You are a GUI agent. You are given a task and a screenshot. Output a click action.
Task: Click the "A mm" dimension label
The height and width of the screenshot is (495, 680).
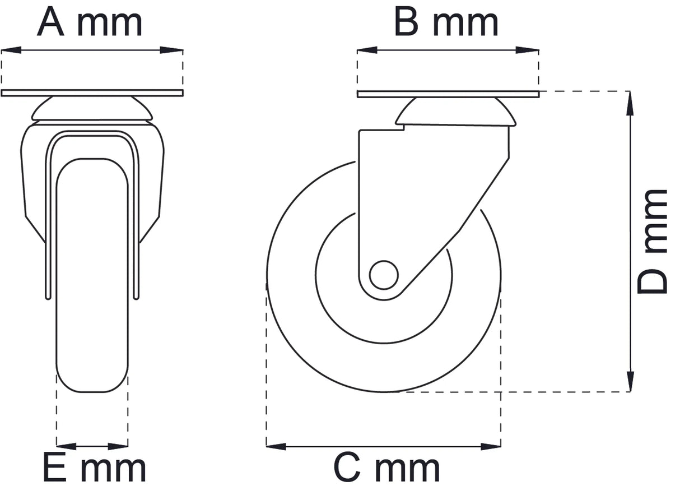click(x=90, y=22)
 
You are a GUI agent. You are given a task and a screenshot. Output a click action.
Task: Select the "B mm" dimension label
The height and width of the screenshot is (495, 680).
click(x=446, y=22)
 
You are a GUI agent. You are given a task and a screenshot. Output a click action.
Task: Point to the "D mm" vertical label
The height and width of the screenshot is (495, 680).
click(x=653, y=241)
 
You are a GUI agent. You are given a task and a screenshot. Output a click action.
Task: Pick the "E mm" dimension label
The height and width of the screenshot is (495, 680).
click(x=94, y=469)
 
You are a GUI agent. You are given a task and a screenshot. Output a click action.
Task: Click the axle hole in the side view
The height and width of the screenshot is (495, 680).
click(x=384, y=275)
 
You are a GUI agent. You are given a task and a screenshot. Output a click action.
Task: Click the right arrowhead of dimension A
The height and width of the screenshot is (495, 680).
click(x=174, y=50)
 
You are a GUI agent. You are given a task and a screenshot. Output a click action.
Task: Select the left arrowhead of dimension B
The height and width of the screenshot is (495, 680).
click(x=366, y=50)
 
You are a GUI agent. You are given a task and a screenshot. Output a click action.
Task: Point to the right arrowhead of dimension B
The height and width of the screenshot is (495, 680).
click(x=530, y=50)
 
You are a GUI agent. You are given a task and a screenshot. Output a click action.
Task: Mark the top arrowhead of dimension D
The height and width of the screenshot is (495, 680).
click(x=631, y=101)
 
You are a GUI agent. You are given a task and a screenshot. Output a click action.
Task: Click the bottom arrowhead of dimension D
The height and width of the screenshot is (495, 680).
click(x=631, y=382)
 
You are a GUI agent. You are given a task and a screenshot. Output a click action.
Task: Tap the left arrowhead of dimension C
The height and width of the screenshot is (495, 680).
click(x=276, y=447)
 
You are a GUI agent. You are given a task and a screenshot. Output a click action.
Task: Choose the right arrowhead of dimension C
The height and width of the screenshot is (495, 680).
click(x=492, y=447)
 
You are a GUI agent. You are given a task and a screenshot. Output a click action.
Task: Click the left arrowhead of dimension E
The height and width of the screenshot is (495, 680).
click(x=65, y=447)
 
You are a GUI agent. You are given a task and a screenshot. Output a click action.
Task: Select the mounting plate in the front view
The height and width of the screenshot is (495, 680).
click(x=92, y=93)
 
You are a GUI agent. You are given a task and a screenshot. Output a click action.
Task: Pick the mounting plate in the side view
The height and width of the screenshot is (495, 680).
click(x=448, y=94)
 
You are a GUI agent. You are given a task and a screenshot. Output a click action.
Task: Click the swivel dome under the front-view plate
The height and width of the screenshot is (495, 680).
click(x=92, y=109)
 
